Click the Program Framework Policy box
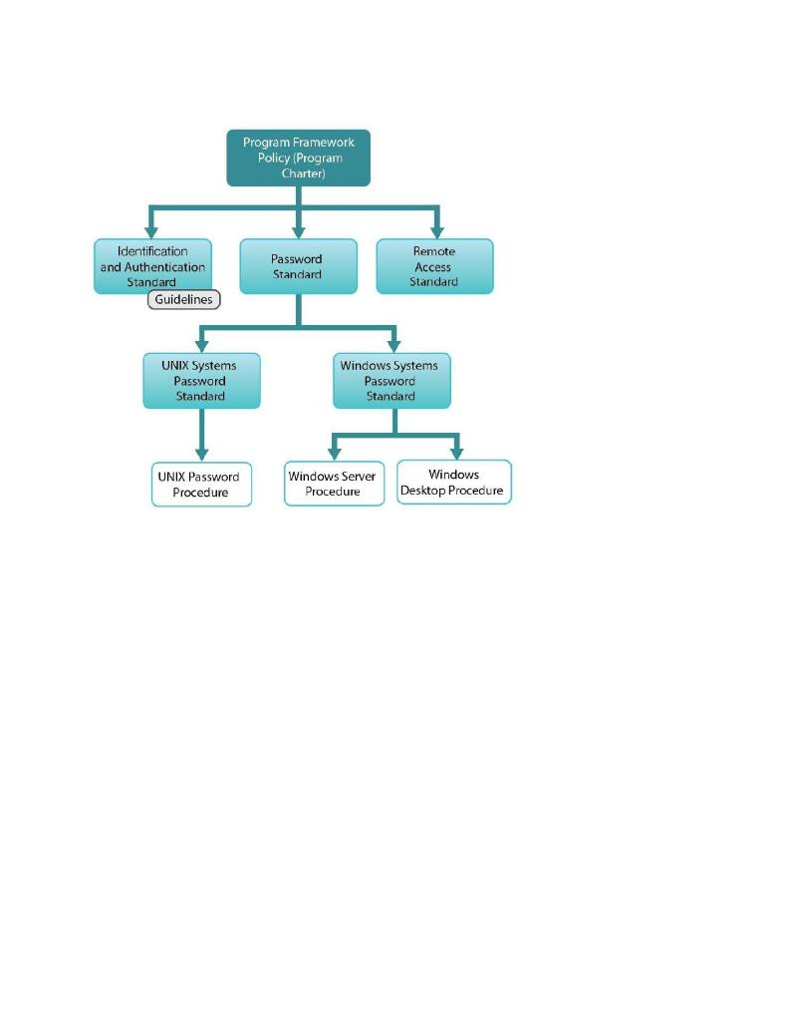pos(299,158)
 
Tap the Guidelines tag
pos(184,299)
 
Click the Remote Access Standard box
pos(434,266)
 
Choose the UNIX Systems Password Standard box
pos(201,380)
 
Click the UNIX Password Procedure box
pos(201,484)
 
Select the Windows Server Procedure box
pos(334,484)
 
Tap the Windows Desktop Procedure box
pos(453,483)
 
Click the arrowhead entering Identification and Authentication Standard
pos(151,230)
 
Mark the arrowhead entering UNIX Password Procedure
pos(201,453)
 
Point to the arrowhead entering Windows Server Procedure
pos(334,453)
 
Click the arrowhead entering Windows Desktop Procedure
pos(456,452)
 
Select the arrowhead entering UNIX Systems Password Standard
pos(201,344)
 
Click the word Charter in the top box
pos(299,173)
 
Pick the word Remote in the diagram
pos(434,252)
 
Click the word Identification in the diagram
pos(153,251)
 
